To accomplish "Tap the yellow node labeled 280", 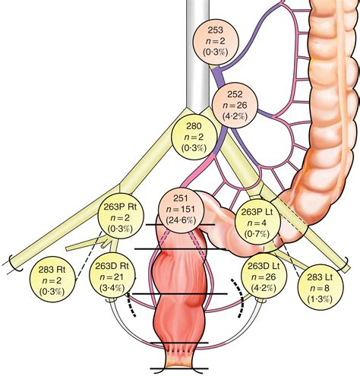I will (194, 136).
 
